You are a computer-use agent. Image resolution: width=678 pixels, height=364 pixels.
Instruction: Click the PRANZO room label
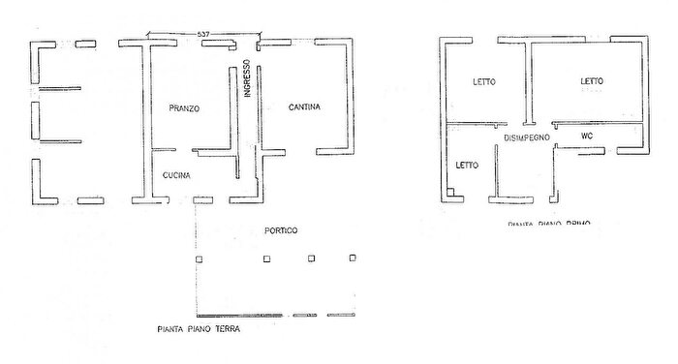183,108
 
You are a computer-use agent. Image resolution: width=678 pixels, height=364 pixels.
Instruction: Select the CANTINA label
304,106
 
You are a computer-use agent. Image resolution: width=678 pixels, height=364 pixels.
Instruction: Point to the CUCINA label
176,175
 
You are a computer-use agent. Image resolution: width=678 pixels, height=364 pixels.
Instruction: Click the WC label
586,136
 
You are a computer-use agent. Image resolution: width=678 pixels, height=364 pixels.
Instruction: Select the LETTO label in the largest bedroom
592,81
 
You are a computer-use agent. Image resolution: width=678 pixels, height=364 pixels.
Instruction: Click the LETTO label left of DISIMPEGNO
467,165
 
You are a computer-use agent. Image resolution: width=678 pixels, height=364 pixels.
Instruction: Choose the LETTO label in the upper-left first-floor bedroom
484,81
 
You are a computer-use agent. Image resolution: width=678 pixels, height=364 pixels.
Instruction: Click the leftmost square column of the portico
220,258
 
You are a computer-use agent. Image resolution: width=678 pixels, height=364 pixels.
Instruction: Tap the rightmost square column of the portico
353,258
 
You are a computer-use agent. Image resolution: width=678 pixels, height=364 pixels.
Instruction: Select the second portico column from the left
265,258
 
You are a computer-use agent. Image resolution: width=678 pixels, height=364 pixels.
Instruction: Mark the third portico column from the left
311,258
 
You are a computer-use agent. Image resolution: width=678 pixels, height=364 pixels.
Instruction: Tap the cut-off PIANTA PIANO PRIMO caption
547,223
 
